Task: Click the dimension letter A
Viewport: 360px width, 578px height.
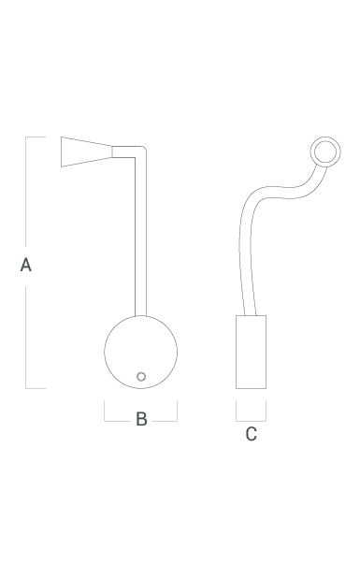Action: pyautogui.click(x=25, y=265)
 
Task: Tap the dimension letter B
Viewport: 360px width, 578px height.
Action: pyautogui.click(x=141, y=419)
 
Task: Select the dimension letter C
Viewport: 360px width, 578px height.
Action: pyautogui.click(x=251, y=434)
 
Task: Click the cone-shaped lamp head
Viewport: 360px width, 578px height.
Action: pyautogui.click(x=86, y=152)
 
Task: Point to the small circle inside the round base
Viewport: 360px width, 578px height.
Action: pyautogui.click(x=141, y=377)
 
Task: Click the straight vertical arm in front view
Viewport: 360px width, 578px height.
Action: pyautogui.click(x=141, y=236)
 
